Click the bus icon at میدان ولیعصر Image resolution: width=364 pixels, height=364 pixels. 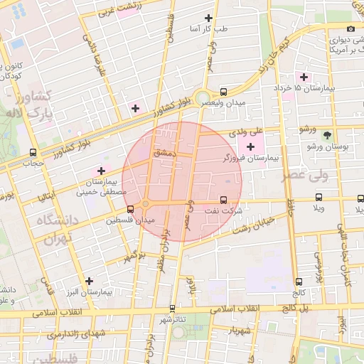[225, 92]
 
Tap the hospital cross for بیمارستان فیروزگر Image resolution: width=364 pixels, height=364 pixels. [250, 146]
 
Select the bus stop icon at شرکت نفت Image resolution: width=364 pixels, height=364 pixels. [225, 200]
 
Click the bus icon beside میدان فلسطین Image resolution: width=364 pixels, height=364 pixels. [130, 209]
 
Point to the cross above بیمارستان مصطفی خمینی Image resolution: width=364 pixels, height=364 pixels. [101, 171]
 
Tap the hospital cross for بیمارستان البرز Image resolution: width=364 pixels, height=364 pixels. [89, 281]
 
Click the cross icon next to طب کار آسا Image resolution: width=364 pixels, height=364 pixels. [208, 18]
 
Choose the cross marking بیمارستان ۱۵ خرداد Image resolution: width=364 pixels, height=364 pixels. [304, 76]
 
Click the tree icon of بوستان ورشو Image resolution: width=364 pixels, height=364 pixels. [327, 134]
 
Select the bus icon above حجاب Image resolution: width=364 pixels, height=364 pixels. [33, 152]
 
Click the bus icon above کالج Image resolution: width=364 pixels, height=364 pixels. [299, 282]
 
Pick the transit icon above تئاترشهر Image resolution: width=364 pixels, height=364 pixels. [172, 309]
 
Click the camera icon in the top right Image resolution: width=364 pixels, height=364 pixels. [350, 28]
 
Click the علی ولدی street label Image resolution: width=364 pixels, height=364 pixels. [247, 132]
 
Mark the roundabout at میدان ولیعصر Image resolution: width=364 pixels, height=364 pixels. [203, 98]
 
